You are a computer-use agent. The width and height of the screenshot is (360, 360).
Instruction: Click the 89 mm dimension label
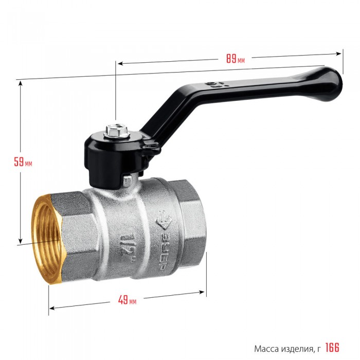tap(236, 59)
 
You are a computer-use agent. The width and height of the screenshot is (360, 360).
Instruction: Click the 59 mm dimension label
tap(23, 161)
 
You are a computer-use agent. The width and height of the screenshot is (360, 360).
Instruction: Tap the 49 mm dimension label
tap(127, 300)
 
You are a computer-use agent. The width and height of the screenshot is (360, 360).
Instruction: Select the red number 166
tap(332, 348)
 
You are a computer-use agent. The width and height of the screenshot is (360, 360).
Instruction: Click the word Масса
tap(266, 349)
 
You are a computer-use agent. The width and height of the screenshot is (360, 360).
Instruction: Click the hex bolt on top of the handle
tap(117, 131)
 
